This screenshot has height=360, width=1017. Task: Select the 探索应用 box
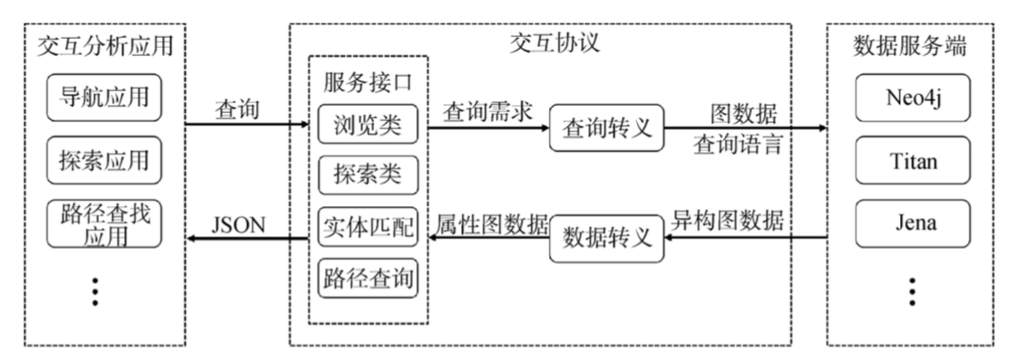point(102,164)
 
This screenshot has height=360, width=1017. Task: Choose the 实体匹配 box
point(368,228)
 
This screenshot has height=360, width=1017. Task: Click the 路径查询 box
point(368,278)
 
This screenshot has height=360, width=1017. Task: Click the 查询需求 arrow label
point(487,112)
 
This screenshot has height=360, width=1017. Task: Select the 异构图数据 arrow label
point(727,220)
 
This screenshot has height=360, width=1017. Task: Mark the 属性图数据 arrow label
point(491,223)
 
